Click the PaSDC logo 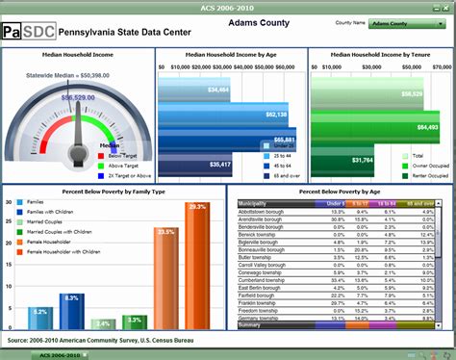coord(28,32)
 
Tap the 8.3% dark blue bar coord(71,313)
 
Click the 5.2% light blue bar coord(39,320)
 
